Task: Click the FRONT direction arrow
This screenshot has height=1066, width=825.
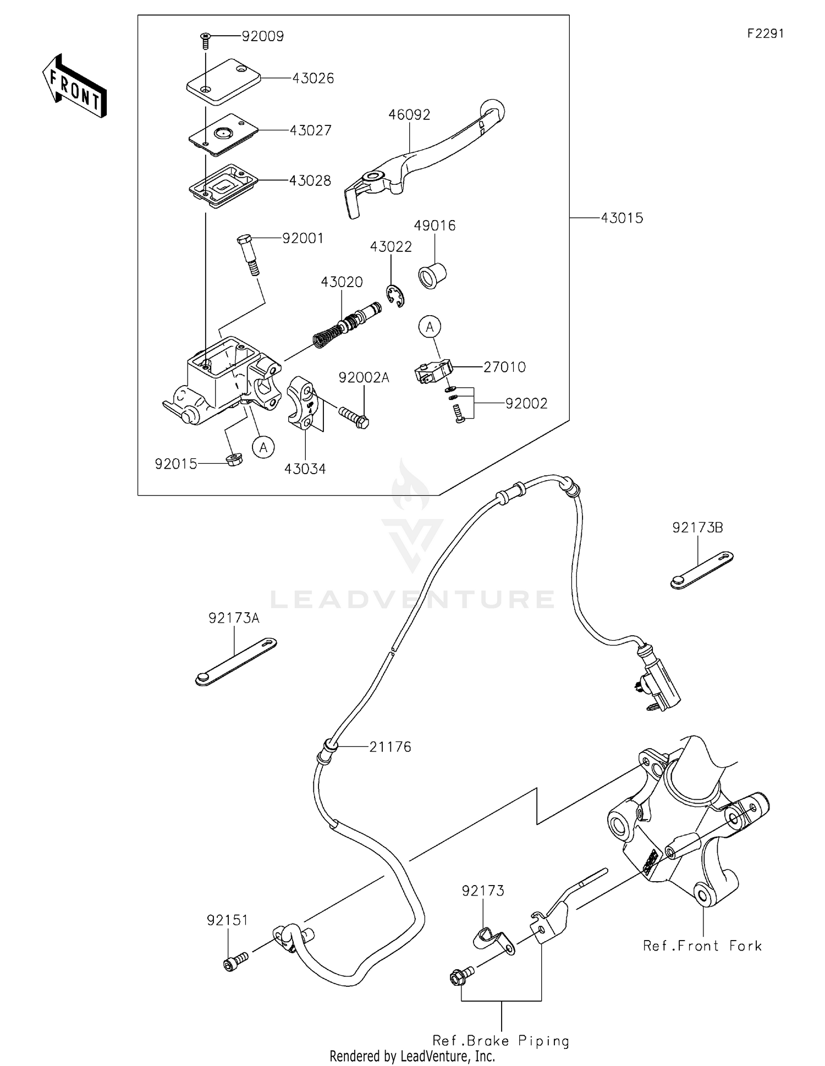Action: [x=75, y=86]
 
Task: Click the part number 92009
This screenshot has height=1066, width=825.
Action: [x=262, y=37]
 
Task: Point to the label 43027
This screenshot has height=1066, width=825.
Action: [x=311, y=131]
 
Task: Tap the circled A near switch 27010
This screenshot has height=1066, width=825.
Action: [x=430, y=327]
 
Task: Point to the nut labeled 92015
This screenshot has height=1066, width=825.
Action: [x=235, y=459]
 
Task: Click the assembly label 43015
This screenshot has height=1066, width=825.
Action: [x=621, y=218]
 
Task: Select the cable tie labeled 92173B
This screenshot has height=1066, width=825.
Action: [x=702, y=570]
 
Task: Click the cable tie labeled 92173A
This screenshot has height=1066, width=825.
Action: [x=235, y=662]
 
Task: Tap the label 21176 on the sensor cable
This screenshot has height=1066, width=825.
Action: [x=390, y=747]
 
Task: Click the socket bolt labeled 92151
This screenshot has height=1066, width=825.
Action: [x=235, y=963]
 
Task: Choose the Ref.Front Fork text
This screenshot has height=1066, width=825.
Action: [x=702, y=946]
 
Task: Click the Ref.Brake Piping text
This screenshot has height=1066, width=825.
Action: [x=501, y=1041]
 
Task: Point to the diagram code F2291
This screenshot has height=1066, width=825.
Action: [x=765, y=34]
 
